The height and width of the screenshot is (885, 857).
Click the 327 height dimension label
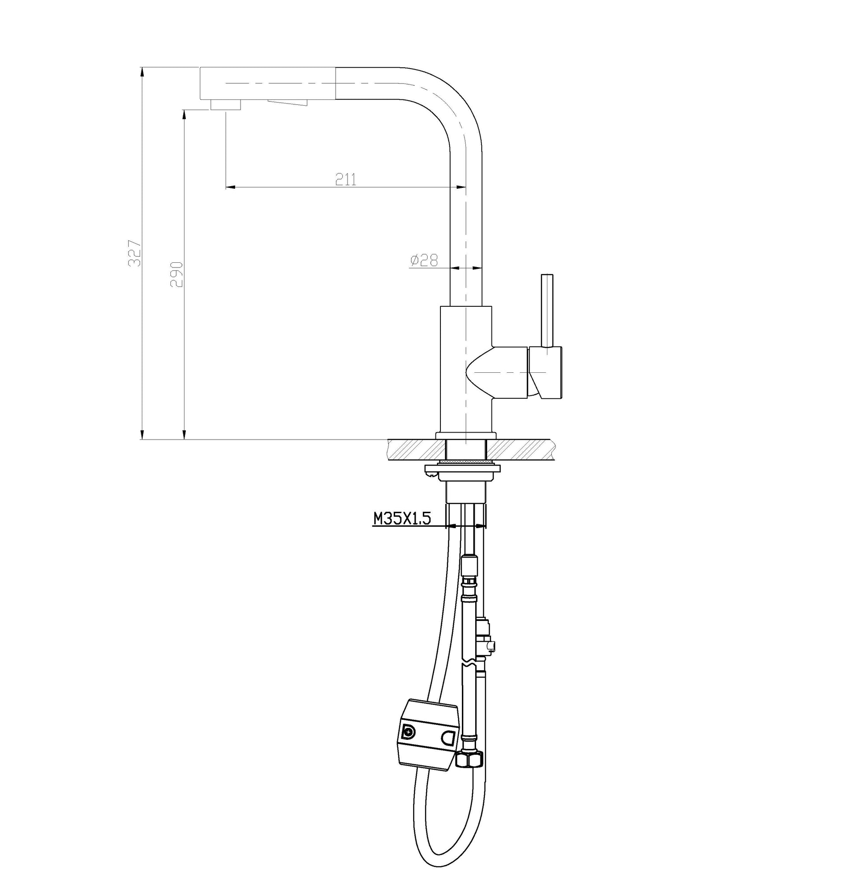[135, 253]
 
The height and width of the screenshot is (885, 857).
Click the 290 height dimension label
[176, 274]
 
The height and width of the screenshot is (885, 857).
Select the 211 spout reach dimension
[346, 179]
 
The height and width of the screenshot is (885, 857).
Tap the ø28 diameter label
[424, 260]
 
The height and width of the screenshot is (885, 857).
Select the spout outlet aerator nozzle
[225, 105]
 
